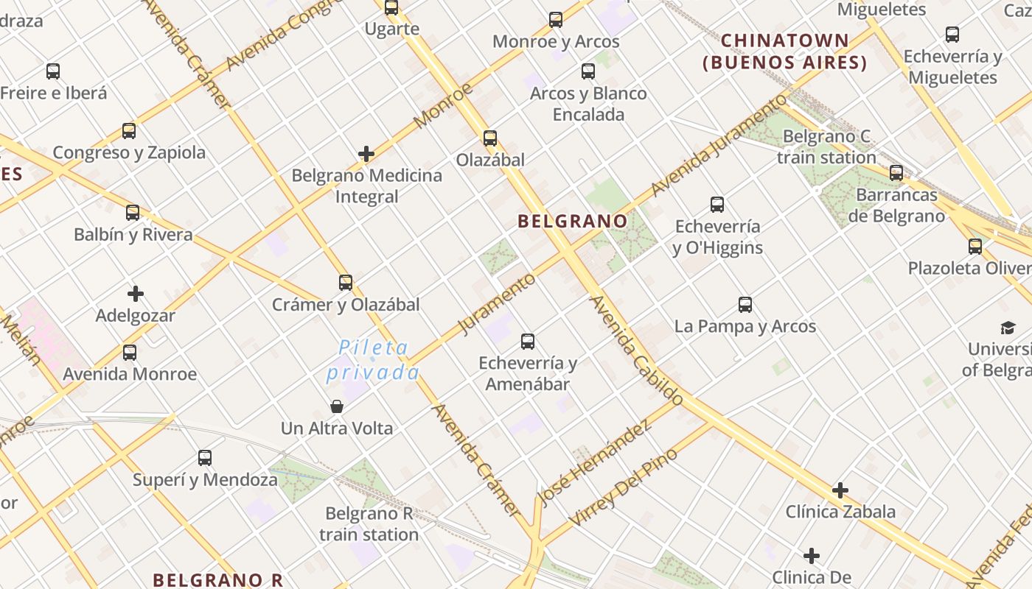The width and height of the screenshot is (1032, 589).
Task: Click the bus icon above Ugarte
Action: click(x=391, y=8)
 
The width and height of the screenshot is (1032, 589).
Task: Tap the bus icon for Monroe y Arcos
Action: click(x=556, y=20)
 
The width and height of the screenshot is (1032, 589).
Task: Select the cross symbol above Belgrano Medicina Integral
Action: click(x=366, y=154)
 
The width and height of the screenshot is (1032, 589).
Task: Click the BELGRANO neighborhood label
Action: click(x=573, y=221)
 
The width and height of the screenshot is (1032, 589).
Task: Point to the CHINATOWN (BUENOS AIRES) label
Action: click(x=785, y=52)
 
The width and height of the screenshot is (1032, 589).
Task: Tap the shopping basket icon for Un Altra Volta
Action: click(x=337, y=406)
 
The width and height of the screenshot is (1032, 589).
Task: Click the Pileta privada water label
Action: click(x=373, y=360)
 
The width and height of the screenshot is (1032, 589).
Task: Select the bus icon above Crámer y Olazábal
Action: click(x=346, y=283)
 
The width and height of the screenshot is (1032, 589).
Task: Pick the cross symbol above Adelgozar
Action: click(x=136, y=294)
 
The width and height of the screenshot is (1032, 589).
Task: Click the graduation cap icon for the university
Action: click(x=1007, y=328)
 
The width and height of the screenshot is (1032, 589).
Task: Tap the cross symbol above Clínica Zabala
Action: click(x=840, y=490)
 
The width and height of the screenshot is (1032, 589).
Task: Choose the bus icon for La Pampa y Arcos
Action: click(x=745, y=305)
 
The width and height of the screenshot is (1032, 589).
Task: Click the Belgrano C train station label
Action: click(x=826, y=147)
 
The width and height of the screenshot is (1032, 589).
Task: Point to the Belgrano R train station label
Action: click(x=369, y=524)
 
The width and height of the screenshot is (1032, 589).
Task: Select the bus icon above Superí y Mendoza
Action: click(x=205, y=458)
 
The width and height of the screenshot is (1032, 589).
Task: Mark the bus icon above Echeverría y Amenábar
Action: click(x=528, y=342)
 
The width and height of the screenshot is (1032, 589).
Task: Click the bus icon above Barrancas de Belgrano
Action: click(x=896, y=173)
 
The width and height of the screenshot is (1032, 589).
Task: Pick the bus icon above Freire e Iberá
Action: click(x=53, y=71)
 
